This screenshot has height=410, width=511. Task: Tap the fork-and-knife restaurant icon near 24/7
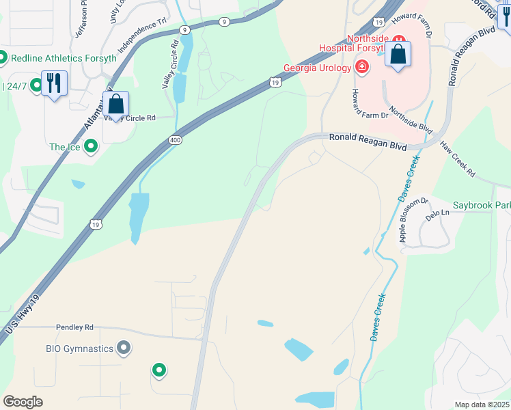(52, 83)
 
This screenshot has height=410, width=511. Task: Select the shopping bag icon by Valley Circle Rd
(116, 105)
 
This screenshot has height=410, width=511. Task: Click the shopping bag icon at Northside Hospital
(398, 55)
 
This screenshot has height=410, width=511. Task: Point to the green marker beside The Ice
(89, 147)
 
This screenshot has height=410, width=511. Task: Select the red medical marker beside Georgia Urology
(361, 67)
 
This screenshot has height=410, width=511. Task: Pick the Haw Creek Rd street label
(457, 159)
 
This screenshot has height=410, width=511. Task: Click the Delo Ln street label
(438, 213)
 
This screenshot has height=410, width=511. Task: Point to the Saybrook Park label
(482, 205)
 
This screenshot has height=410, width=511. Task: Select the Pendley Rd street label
(74, 328)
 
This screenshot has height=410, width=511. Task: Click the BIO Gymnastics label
(79, 348)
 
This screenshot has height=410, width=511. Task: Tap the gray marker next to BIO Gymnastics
(124, 348)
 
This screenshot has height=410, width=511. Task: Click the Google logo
(23, 402)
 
